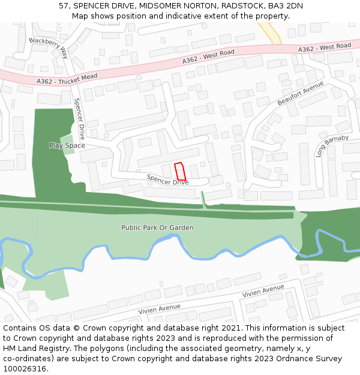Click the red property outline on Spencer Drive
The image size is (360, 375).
pyautogui.click(x=179, y=172)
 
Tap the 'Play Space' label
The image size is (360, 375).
pyautogui.click(x=67, y=145)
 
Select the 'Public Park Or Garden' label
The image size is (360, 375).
pyautogui.click(x=157, y=228)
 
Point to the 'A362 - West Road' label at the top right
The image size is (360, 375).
pyautogui.click(x=325, y=47)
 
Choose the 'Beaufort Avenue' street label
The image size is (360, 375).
pyautogui.click(x=300, y=94)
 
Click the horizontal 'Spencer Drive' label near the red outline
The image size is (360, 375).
pyautogui.click(x=167, y=179)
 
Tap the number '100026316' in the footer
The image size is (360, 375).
pyautogui.click(x=25, y=368)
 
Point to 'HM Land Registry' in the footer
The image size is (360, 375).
pyautogui.click(x=34, y=348)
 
